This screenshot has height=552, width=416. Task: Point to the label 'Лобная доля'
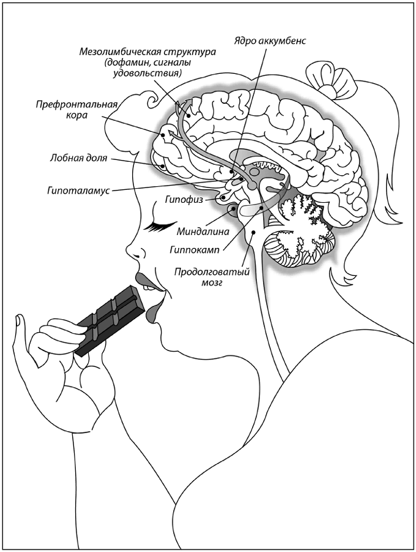coord(79,159)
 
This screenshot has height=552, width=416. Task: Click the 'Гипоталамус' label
coord(78,191)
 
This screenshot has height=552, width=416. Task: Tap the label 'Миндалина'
coord(202,231)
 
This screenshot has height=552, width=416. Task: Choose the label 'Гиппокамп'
coord(196,249)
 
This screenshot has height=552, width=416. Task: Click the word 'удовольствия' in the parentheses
coord(150,73)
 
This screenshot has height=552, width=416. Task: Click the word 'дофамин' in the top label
coord(126,62)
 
